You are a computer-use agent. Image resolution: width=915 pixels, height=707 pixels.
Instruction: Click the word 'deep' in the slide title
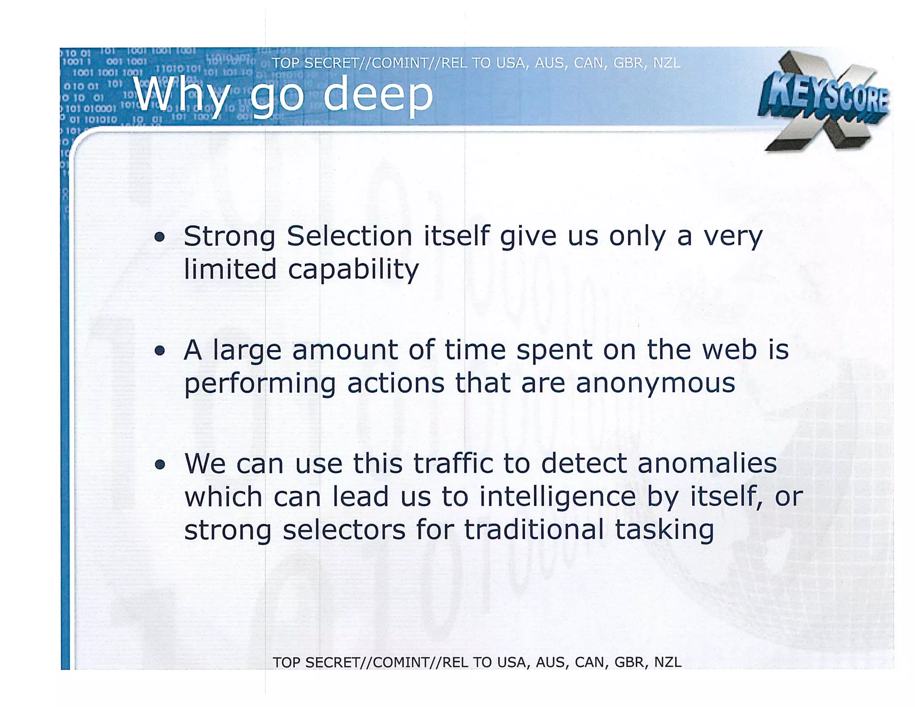378,94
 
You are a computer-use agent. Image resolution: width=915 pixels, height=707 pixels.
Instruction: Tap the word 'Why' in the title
181,95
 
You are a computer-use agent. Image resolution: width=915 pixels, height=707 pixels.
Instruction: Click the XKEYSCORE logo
823,100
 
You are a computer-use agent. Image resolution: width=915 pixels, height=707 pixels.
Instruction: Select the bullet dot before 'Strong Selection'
159,237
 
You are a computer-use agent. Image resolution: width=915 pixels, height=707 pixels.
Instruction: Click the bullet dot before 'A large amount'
159,351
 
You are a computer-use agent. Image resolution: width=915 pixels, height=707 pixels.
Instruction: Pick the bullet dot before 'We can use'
159,465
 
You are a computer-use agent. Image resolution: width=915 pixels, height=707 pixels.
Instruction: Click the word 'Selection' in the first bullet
349,236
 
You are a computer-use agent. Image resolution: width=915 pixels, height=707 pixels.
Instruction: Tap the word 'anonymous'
655,383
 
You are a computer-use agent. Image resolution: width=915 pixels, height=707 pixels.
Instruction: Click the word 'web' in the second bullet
729,349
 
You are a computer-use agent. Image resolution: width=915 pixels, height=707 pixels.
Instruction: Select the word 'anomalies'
707,463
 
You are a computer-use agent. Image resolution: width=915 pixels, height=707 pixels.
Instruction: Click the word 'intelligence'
557,497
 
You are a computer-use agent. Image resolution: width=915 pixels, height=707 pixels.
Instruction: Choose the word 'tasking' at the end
664,530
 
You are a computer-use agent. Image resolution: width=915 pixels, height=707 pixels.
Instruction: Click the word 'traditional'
534,530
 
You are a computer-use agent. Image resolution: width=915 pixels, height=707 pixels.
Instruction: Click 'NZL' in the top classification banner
667,63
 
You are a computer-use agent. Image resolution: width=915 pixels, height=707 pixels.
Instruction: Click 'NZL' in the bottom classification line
667,662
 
